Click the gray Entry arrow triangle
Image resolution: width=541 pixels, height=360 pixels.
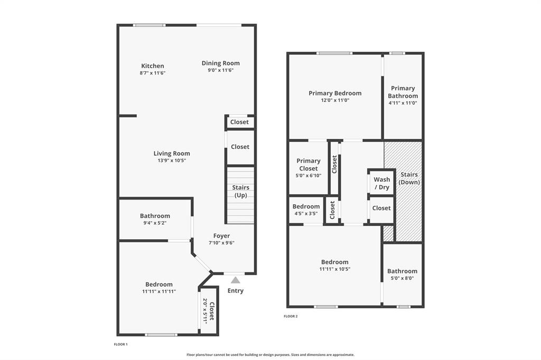236,280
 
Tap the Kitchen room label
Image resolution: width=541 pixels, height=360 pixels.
152,66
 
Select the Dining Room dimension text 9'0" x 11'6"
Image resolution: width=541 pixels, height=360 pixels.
220,70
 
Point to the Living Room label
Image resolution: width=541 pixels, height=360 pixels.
172,154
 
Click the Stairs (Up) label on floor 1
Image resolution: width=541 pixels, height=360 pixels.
240,192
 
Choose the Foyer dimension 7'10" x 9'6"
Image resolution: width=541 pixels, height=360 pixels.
221,243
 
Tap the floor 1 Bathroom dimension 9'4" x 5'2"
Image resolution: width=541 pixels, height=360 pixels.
155,223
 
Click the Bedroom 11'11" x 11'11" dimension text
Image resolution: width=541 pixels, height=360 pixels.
158,291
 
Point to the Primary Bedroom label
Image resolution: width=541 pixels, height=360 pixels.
335,93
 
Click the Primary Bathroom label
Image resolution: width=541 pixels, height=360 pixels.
403,92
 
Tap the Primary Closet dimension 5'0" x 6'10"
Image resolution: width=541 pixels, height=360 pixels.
308,176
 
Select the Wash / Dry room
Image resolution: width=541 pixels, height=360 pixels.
381,183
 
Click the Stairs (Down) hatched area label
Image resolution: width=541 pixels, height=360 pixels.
409,178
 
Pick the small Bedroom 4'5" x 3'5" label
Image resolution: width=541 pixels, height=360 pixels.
306,206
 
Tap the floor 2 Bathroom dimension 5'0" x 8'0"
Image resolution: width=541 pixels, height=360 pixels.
402,278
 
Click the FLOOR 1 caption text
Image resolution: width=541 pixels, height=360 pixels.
121,344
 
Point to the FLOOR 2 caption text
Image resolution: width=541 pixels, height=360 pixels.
291,316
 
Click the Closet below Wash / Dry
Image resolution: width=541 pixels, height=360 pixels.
381,208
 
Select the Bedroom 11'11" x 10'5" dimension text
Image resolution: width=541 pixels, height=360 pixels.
334,269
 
